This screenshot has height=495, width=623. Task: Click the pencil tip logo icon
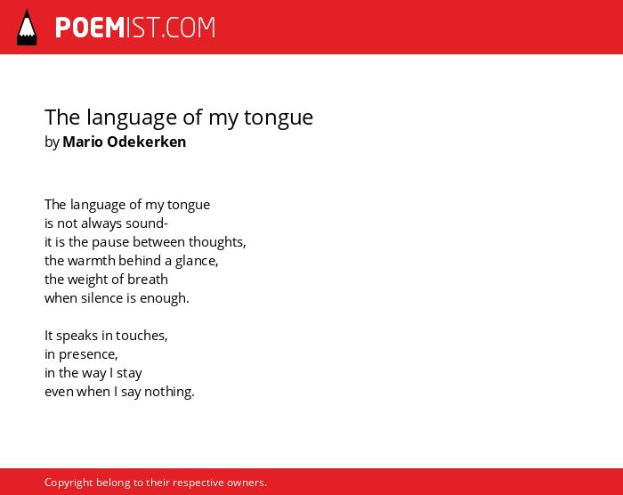click(x=27, y=27)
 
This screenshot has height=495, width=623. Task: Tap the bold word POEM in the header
click(x=90, y=28)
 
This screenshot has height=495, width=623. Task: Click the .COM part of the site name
click(x=189, y=28)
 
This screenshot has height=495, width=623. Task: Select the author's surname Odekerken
click(x=147, y=142)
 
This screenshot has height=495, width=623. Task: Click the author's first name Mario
click(x=83, y=142)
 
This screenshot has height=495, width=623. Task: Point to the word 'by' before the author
click(x=52, y=142)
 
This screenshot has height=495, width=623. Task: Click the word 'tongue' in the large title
click(x=279, y=118)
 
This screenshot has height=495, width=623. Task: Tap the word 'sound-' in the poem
click(x=147, y=223)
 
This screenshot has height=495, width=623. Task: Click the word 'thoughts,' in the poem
click(x=217, y=242)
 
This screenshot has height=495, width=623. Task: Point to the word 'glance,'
click(x=197, y=261)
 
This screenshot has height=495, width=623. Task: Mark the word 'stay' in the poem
click(x=129, y=373)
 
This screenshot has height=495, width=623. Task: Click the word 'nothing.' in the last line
click(x=169, y=392)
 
